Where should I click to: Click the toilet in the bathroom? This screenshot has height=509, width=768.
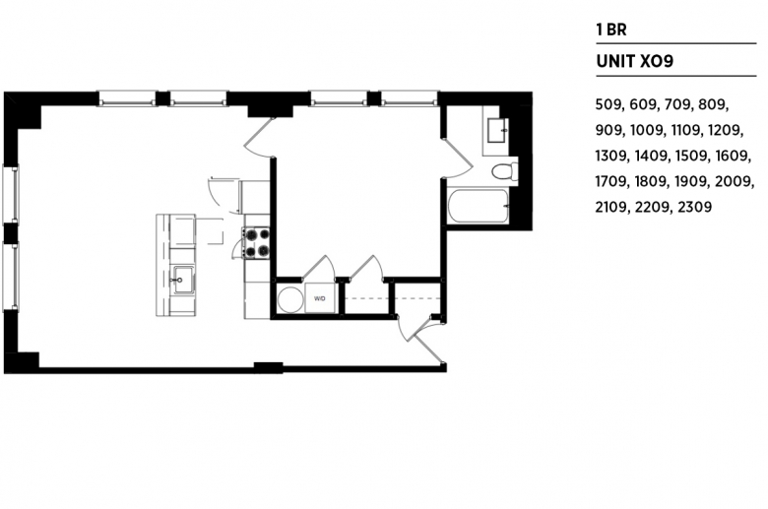point(504,172)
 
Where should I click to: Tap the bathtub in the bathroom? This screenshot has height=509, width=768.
point(478,206)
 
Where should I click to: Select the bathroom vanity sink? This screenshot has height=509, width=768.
point(497,130)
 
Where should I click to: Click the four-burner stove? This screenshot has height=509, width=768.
point(257,243)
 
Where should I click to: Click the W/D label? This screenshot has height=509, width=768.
point(320,298)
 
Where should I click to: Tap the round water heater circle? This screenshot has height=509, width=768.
point(290,299)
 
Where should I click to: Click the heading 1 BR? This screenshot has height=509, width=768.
point(610,30)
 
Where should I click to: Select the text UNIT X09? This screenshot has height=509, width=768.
point(635,61)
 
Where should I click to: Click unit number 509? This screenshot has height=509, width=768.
point(608,104)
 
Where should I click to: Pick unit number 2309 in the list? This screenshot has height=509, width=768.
point(694,207)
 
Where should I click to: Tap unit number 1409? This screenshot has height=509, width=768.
point(652,157)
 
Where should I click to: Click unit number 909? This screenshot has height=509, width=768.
point(609,130)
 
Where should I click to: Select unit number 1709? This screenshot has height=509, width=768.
point(611,182)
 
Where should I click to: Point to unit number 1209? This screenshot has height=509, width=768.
point(726,130)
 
